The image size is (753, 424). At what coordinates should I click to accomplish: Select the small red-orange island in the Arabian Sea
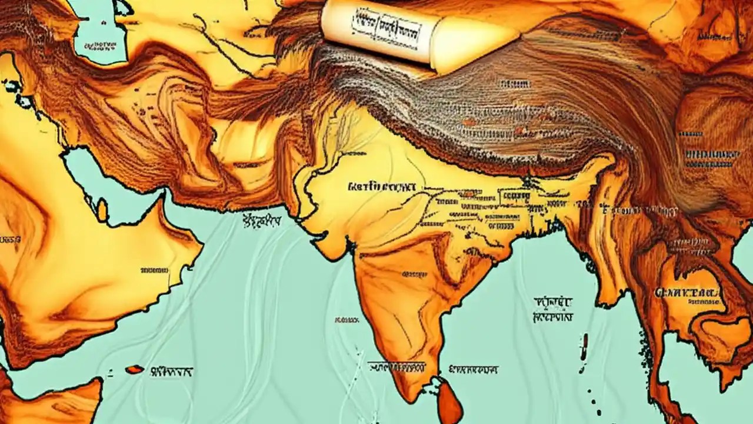click(x=134, y=369)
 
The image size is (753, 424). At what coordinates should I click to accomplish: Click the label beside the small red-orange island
click(x=172, y=372)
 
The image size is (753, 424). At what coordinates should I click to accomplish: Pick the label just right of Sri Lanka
click(x=474, y=370)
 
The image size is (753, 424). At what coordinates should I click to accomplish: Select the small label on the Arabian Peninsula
click(x=154, y=271)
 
